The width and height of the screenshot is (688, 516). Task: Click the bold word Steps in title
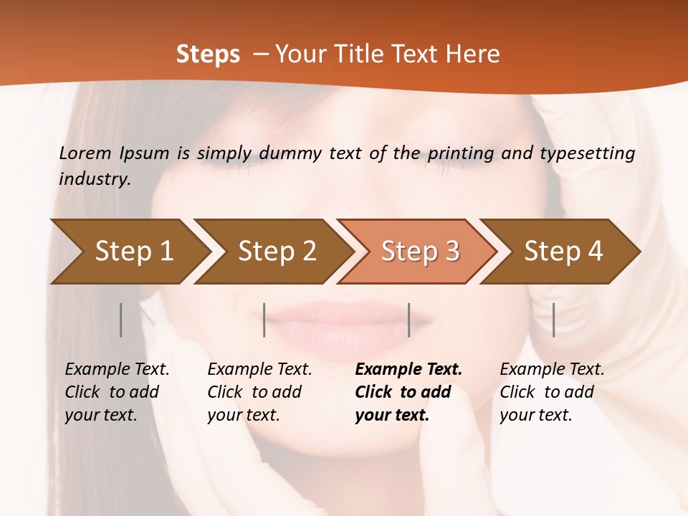(208, 54)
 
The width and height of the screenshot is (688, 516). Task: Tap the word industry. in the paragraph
(95, 178)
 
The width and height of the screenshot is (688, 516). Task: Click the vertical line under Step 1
(121, 320)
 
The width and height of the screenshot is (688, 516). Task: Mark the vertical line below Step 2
(264, 320)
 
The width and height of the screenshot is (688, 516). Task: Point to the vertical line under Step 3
(408, 320)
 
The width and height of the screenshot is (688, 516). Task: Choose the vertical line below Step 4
(553, 320)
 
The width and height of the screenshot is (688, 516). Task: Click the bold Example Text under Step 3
(408, 370)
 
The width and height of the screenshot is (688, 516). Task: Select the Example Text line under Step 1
(117, 370)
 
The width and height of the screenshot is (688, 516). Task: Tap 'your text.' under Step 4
(535, 415)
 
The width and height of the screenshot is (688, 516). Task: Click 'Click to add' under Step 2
(254, 393)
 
